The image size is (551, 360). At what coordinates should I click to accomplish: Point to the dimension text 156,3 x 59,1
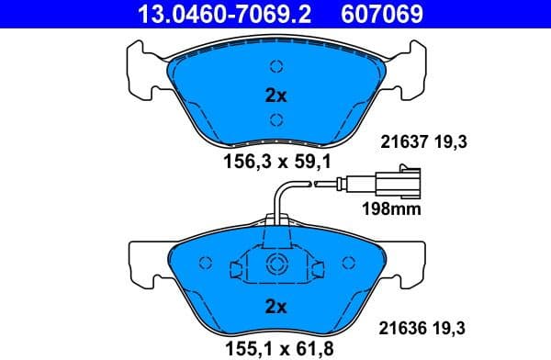point(276,160)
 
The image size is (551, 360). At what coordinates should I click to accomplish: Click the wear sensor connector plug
point(404,179)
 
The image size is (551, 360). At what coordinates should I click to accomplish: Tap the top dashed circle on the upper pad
point(275,66)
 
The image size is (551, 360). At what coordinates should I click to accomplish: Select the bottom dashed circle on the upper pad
point(275,118)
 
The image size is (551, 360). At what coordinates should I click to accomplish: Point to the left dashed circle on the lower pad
point(206,264)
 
